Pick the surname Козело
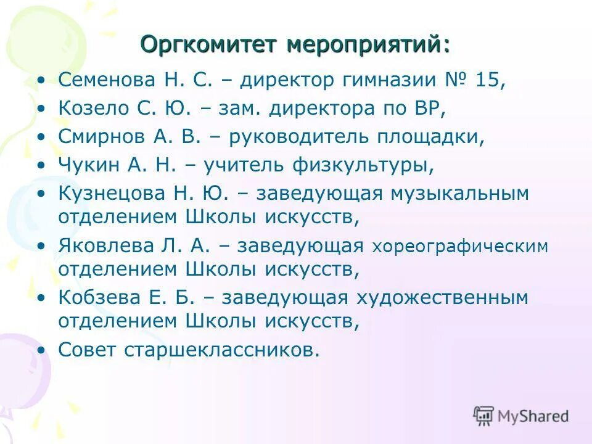point(93,109)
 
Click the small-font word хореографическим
point(460,247)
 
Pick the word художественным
point(442,298)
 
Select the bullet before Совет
point(41,350)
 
